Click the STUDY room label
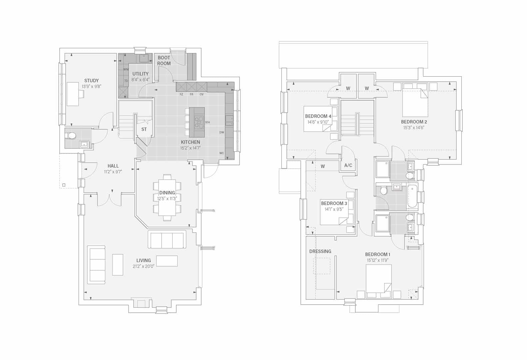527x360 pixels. [x=91, y=81]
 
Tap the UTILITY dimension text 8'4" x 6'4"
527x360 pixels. [x=140, y=80]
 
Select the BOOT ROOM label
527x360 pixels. [x=164, y=60]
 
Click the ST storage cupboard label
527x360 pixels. [x=144, y=129]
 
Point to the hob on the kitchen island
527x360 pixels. [x=199, y=122]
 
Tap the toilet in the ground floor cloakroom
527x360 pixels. [x=71, y=135]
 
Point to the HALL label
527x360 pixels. [x=113, y=166]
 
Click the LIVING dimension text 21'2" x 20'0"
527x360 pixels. [x=144, y=266]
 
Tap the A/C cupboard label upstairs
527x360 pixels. [x=348, y=165]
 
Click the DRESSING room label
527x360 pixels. [x=320, y=251]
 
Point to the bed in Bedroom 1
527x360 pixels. [x=378, y=281]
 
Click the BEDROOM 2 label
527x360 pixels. [x=414, y=122]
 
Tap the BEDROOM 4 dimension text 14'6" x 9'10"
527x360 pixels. [x=318, y=122]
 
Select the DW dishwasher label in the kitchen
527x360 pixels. [x=222, y=133]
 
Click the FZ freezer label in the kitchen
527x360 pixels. [x=182, y=95]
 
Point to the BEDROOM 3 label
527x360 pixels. [x=334, y=203]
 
